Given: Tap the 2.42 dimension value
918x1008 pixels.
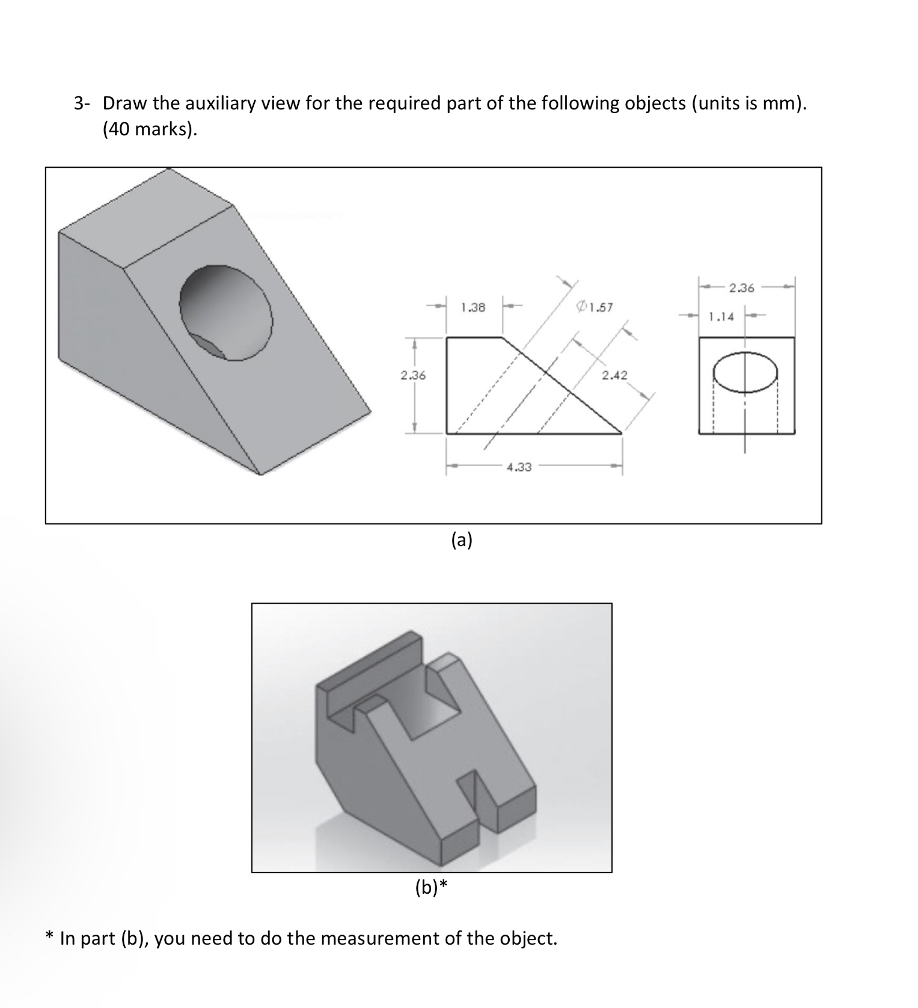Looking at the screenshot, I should coord(614,376).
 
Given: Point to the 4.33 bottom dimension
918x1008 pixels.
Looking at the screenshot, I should coord(519,467).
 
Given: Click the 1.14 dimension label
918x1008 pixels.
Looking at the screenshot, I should coord(721,316).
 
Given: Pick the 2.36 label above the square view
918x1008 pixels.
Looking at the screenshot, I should coord(741,288).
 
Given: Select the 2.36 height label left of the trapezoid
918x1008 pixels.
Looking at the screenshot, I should coord(413,376).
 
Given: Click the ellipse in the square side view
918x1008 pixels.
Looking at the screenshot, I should coord(746,373).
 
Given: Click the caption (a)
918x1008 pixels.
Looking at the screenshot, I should coord(462,540).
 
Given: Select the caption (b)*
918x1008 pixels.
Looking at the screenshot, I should coord(432,887).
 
